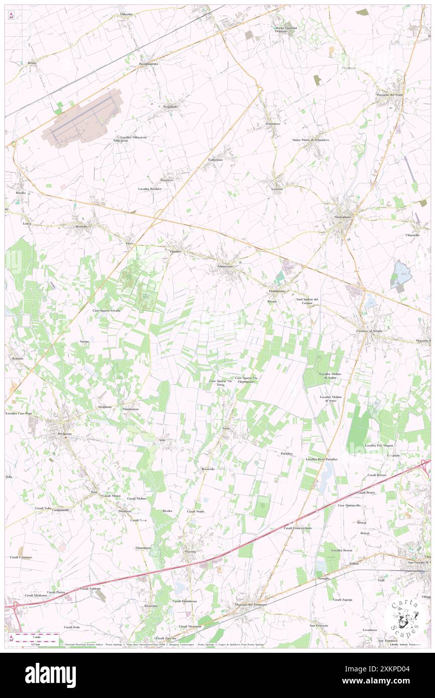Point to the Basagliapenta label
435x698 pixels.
point(148,64)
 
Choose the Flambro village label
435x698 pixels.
point(175,251)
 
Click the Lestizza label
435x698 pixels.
point(274,189)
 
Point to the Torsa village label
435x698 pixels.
point(226,428)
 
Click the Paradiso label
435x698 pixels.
point(287,453)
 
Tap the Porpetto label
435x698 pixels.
point(191,551)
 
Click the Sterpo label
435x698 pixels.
point(84,341)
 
